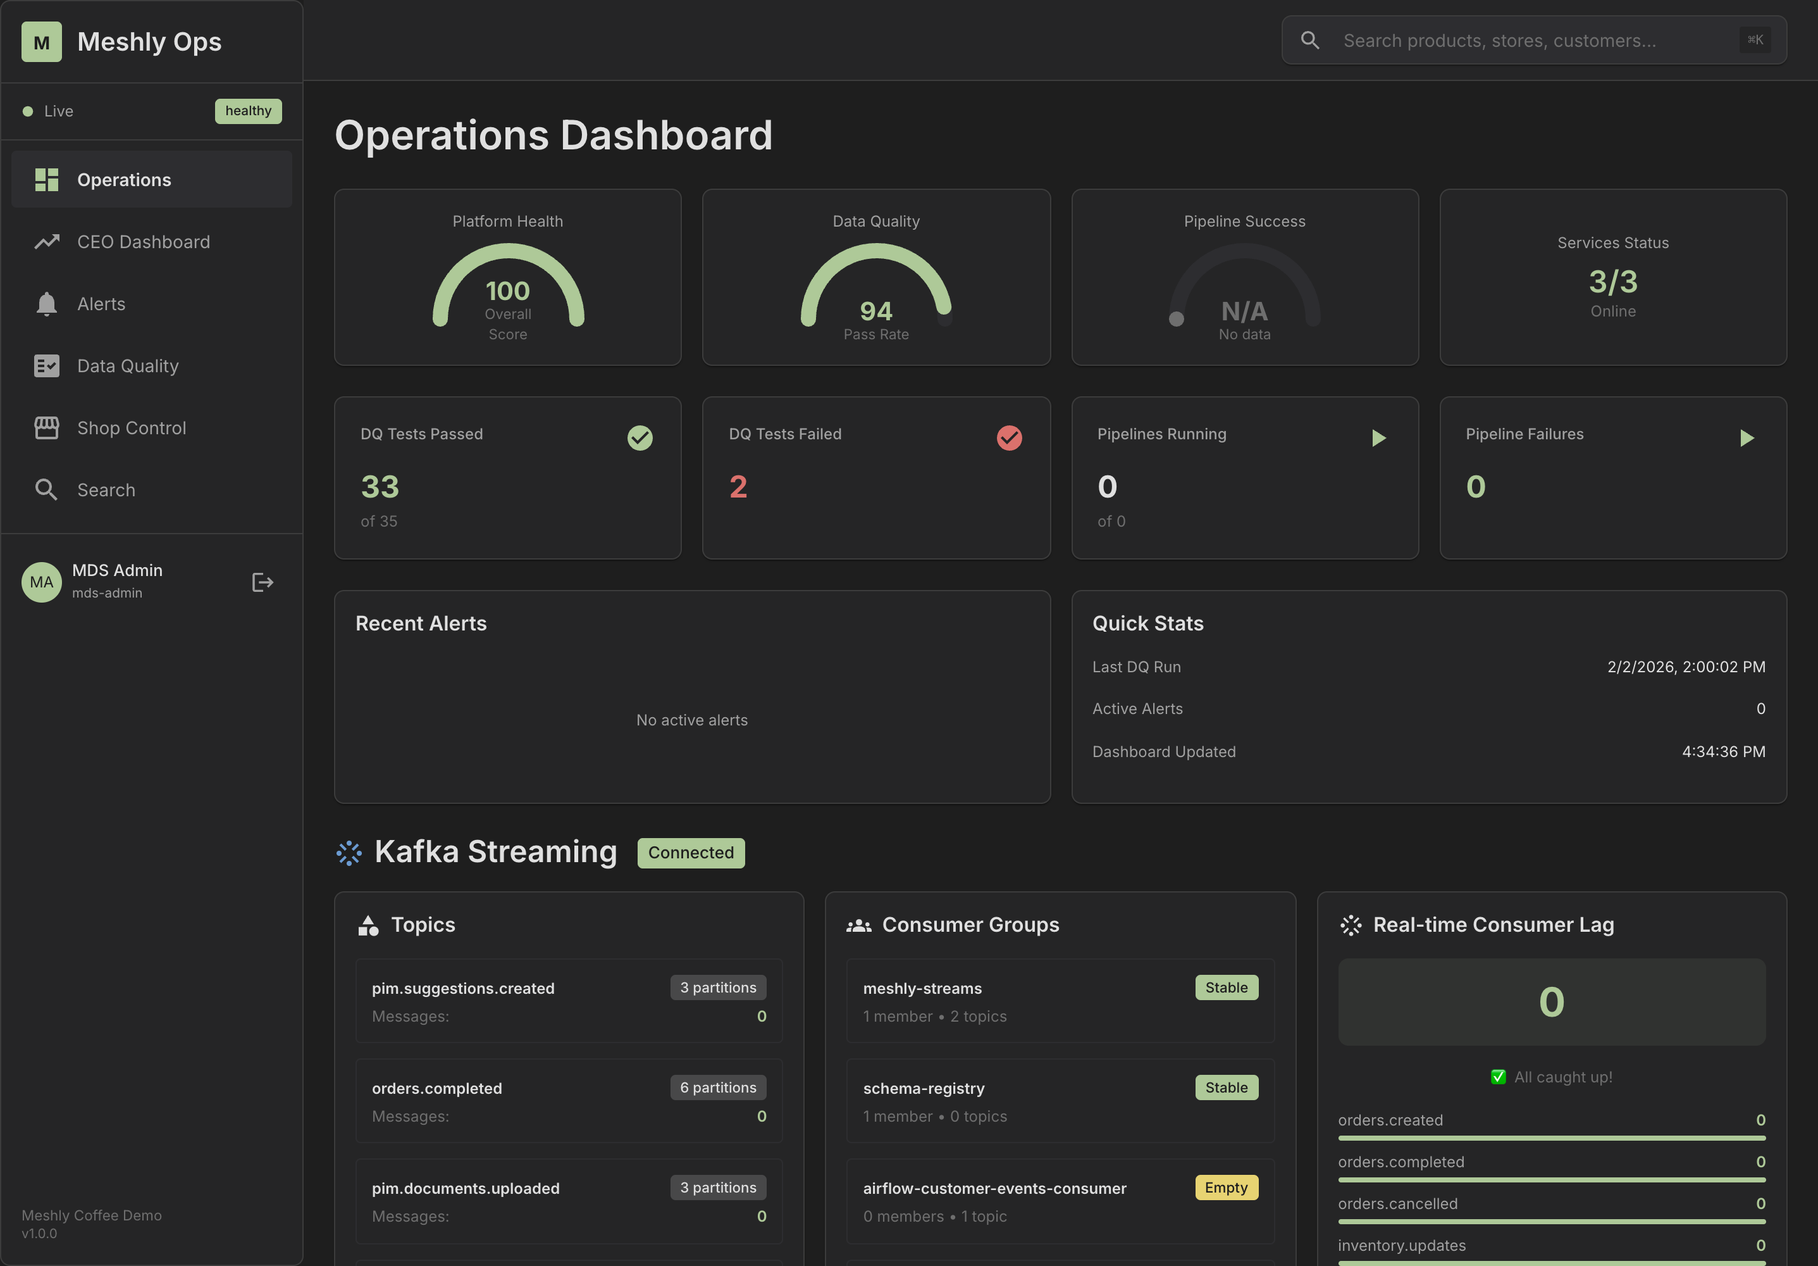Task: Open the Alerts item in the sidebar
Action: pos(101,304)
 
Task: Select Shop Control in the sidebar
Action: pos(132,428)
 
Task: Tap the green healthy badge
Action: pos(248,111)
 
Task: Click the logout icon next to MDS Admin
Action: pos(262,583)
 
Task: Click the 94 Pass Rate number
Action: pos(875,311)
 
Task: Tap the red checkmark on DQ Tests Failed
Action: pos(1009,438)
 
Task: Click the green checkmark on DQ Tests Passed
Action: pos(640,438)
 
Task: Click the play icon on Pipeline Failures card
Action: pos(1747,438)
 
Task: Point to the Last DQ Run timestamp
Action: pos(1686,667)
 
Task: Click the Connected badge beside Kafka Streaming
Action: pos(691,853)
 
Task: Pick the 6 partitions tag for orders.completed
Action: pos(717,1087)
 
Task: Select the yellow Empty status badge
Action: pos(1226,1188)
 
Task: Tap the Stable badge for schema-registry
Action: pos(1226,1087)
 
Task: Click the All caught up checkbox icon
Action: pos(1498,1077)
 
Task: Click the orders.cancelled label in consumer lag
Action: pos(1397,1204)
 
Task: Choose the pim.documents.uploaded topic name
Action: pos(466,1188)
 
